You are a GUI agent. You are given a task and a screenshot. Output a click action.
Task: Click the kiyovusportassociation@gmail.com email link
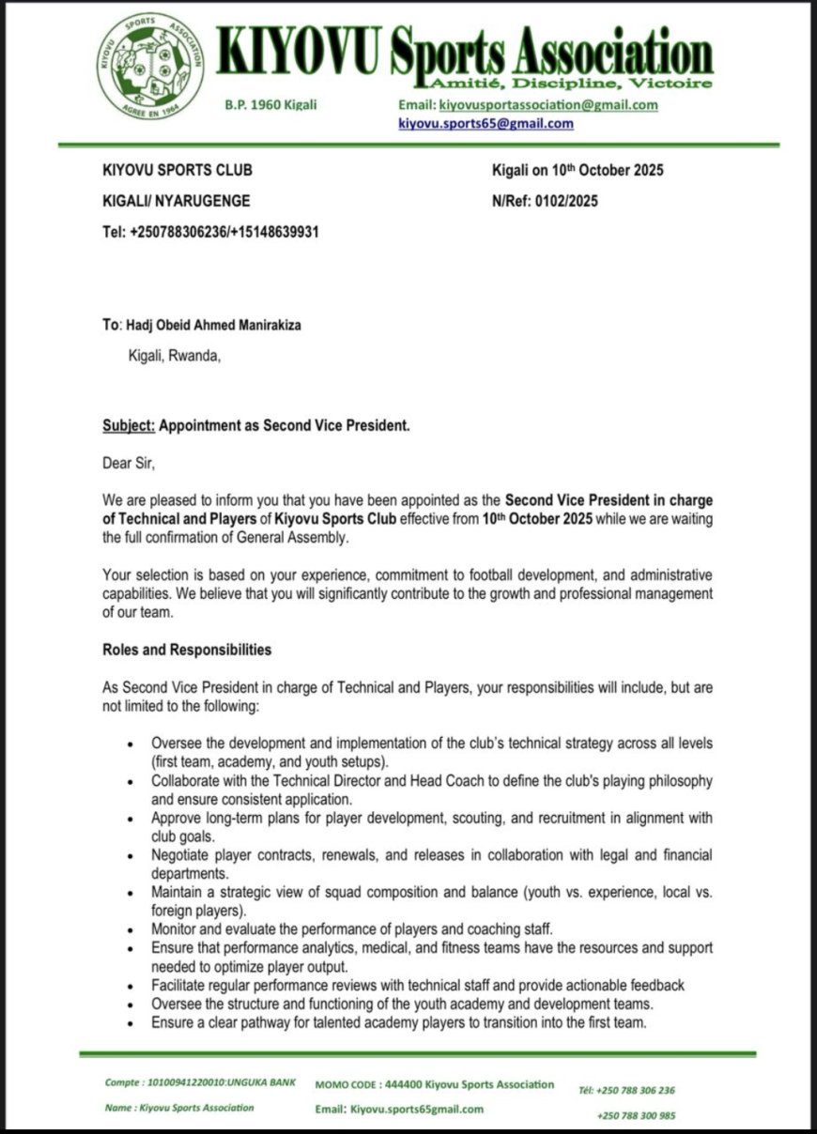tap(548, 105)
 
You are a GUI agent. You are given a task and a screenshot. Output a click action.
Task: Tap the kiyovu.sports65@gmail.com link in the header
tap(486, 124)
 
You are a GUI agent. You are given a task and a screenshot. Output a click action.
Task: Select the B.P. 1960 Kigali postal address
tap(270, 105)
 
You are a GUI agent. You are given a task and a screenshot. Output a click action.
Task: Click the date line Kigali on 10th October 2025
tap(578, 171)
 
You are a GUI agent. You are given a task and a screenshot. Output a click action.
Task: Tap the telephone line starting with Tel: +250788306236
tap(210, 231)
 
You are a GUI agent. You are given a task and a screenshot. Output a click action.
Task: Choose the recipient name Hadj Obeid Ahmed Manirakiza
tap(214, 325)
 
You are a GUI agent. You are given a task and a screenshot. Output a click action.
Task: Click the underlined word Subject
tap(128, 425)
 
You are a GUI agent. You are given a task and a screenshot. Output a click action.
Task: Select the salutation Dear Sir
tap(128, 462)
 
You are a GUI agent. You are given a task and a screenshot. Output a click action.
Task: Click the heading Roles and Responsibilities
tap(187, 650)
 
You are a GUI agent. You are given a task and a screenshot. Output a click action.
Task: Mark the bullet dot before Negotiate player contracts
tap(131, 856)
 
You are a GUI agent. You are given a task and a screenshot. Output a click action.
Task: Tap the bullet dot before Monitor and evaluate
tap(131, 929)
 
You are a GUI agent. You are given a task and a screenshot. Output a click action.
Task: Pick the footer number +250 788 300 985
tap(635, 1115)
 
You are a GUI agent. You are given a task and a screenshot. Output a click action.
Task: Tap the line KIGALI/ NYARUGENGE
tap(177, 201)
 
